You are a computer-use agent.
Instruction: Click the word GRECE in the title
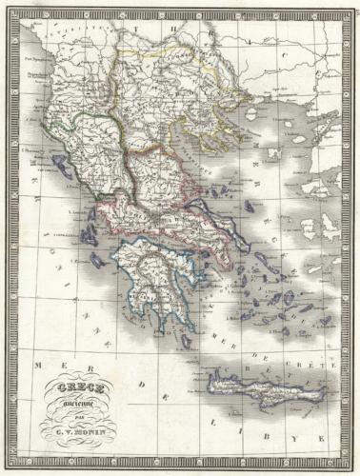[x=87, y=388]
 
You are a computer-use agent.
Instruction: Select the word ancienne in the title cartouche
[x=87, y=401]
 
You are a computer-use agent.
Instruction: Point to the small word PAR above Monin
[x=87, y=412]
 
